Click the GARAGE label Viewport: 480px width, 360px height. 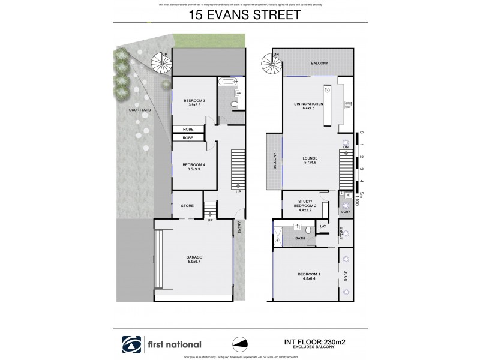194,260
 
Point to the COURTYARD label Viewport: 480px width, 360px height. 139,110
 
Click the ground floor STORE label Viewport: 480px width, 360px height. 187,206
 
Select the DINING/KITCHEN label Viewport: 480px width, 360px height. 309,107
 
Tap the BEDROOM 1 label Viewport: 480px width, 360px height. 309,277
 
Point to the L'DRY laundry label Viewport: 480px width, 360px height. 345,212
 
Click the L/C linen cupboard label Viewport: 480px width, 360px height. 322,226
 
